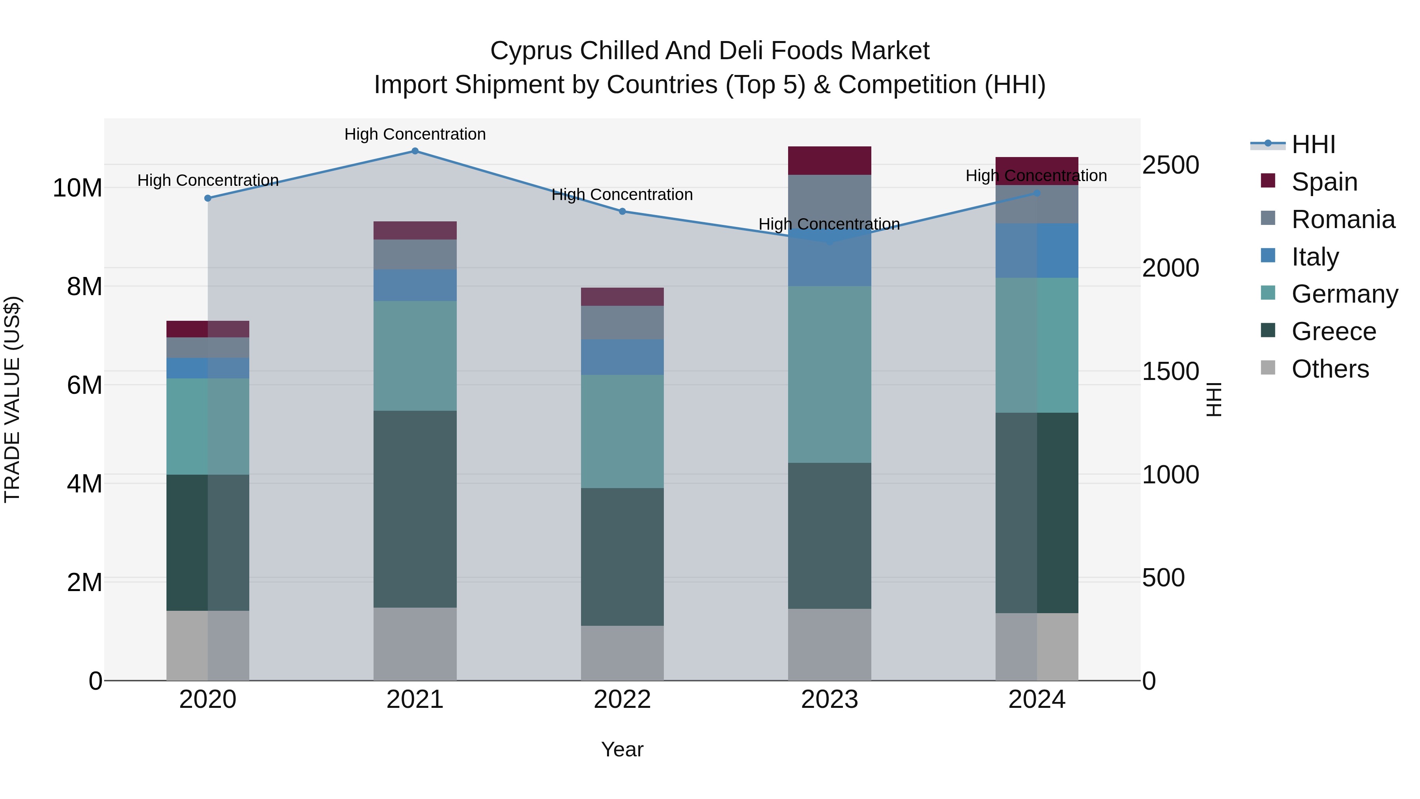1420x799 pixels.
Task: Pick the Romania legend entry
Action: click(1343, 219)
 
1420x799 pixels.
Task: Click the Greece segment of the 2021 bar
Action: click(415, 509)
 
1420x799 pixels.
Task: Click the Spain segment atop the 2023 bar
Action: click(829, 161)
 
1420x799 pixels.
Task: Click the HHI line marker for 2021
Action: click(415, 151)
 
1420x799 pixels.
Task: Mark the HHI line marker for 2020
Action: click(208, 198)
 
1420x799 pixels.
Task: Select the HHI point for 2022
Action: click(622, 211)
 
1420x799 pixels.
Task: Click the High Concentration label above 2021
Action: click(415, 134)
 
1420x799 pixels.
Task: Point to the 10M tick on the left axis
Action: click(77, 188)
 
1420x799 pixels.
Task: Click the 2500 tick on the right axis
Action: click(1170, 165)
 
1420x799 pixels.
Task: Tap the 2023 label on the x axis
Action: click(829, 700)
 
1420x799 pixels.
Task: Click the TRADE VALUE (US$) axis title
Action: click(12, 399)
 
